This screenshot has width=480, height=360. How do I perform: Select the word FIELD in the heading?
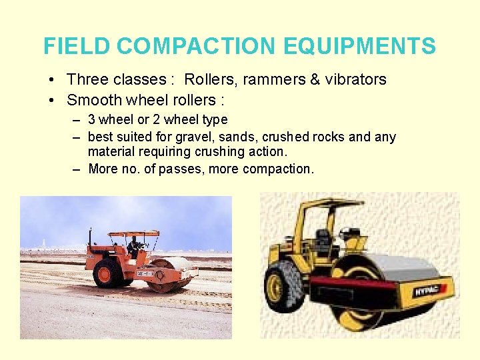tap(77, 47)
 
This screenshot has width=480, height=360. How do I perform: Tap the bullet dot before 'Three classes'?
tap(52, 80)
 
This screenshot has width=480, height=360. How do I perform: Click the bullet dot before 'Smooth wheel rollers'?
tap(52, 101)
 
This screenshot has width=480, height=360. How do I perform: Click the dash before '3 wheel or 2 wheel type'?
tap(77, 120)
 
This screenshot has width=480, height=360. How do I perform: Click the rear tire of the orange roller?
tap(106, 273)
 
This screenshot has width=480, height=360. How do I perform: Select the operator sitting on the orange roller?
tap(135, 247)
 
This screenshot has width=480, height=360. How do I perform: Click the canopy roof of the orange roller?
tap(133, 234)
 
